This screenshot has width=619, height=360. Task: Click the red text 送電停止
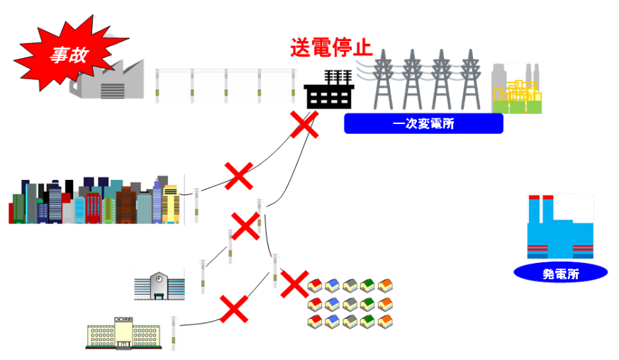click(330, 47)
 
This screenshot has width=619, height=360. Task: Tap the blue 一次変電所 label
click(423, 124)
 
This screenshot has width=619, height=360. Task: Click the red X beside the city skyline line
click(239, 176)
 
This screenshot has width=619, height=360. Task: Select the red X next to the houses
click(294, 283)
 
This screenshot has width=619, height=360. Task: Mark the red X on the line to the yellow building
click(233, 309)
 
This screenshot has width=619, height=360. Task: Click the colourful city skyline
click(92, 202)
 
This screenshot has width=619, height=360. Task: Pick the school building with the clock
click(160, 285)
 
